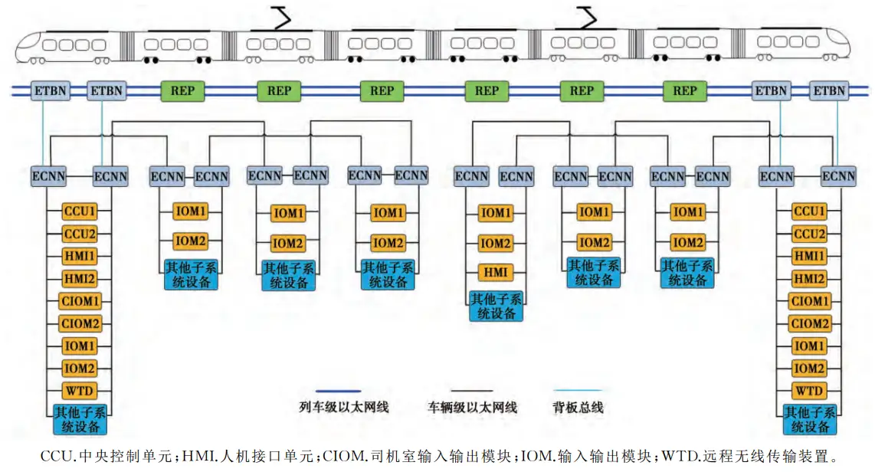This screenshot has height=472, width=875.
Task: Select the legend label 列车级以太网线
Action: click(344, 408)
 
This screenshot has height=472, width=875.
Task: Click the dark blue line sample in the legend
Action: click(338, 391)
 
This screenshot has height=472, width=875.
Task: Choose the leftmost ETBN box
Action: click(50, 91)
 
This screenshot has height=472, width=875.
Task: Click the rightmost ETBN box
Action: click(829, 91)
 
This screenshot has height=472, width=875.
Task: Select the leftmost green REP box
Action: click(178, 91)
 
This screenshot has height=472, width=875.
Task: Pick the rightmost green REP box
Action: click(684, 91)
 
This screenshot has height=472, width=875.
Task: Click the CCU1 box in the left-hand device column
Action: click(80, 211)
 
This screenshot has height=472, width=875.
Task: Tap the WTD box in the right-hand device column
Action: click(809, 391)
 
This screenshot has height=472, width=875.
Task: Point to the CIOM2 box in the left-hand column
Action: click(80, 323)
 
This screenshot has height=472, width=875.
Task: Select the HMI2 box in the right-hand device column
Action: click(809, 279)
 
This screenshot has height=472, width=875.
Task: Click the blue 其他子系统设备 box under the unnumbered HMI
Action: click(496, 306)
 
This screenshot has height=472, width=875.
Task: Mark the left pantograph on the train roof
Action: click(281, 18)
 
